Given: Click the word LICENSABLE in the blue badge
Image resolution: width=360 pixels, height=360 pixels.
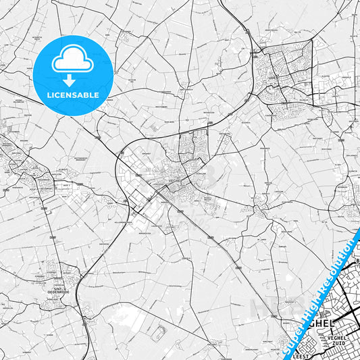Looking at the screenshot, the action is tap(73, 95).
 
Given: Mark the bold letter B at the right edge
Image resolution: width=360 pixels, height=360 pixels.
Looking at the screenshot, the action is tap(357, 261).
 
